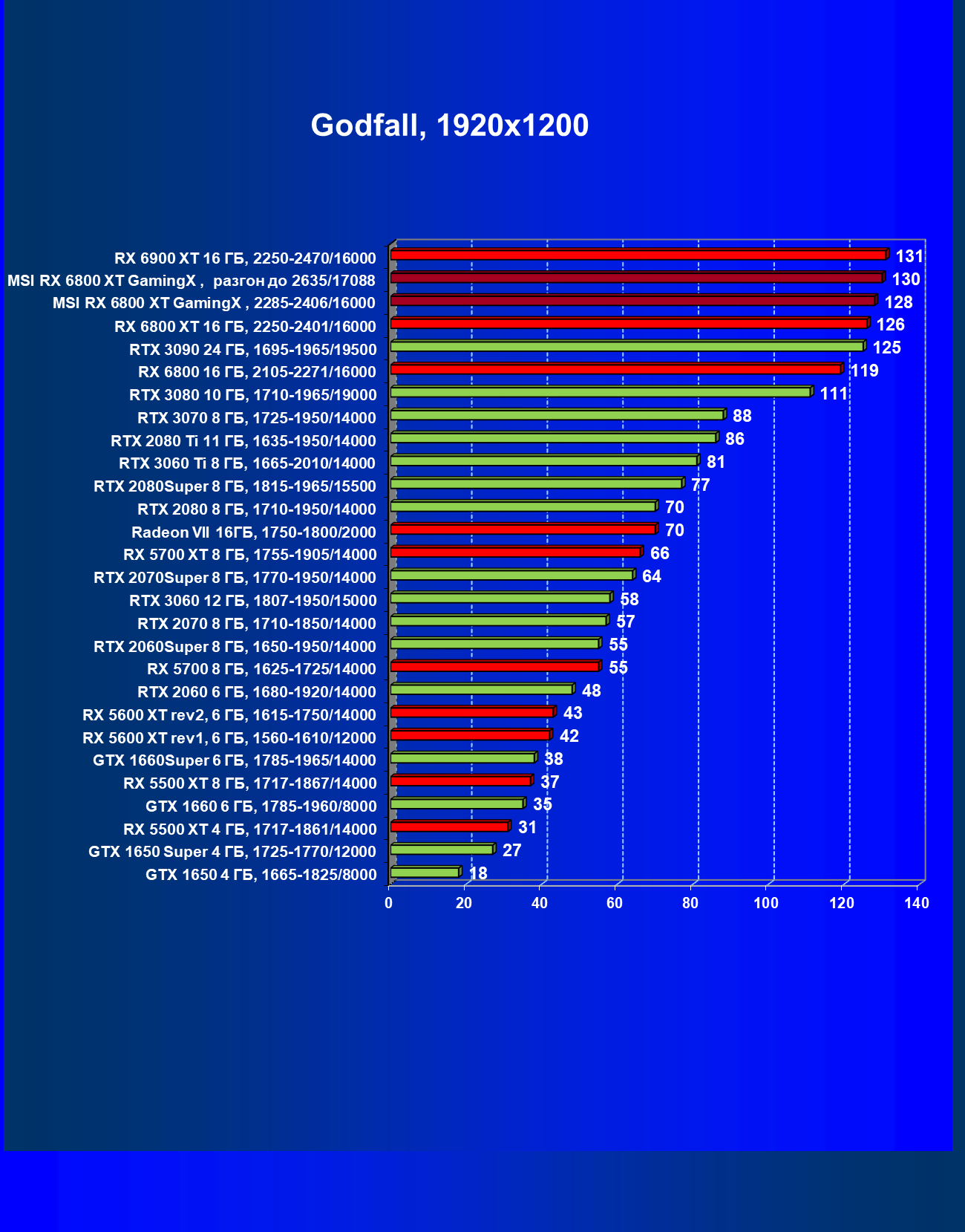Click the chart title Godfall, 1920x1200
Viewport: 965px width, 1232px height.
[x=449, y=126]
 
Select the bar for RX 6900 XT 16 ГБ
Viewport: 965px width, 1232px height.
[x=638, y=255]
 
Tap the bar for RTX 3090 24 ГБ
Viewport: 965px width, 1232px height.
[x=627, y=346]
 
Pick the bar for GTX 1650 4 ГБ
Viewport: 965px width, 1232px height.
[x=425, y=872]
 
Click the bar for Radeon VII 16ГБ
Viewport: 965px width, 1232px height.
[x=523, y=529]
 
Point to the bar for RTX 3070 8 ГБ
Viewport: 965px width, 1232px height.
[x=557, y=414]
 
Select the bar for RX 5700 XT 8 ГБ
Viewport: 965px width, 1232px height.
[x=516, y=552]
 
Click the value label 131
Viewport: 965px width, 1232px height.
[x=909, y=256]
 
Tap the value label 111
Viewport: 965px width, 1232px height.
[x=834, y=394]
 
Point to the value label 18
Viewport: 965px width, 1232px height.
[x=478, y=873]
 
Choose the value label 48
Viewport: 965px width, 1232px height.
[x=591, y=691]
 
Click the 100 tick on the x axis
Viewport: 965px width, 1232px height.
[x=766, y=903]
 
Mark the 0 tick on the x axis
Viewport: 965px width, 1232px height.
[x=388, y=903]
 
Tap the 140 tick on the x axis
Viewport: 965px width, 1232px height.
[x=917, y=903]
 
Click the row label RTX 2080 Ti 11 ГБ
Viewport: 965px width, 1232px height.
[x=243, y=441]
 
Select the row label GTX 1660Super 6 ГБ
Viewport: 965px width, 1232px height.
[x=235, y=760]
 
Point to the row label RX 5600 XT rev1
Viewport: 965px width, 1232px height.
[x=229, y=737]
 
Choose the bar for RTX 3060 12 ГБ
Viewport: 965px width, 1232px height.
[x=500, y=598]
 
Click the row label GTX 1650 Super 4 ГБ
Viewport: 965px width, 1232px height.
[x=232, y=852]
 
